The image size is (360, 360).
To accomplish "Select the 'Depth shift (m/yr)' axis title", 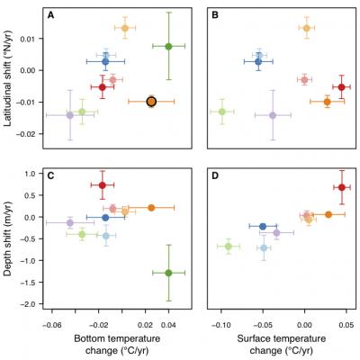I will tap(9, 235).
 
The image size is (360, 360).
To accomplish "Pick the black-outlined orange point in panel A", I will tap(151, 102).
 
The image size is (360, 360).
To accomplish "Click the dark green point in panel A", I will tap(168, 46).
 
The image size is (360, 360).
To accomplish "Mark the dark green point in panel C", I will tap(168, 273).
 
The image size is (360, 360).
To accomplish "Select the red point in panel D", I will tap(341, 187).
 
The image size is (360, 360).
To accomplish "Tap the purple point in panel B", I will tap(273, 114).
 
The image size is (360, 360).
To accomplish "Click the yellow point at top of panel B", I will tap(306, 28).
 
